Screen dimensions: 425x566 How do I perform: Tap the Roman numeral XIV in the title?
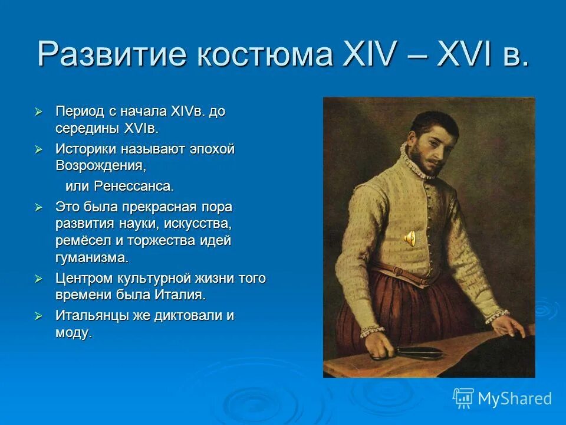(360, 55)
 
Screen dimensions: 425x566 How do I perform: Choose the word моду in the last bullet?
(73, 332)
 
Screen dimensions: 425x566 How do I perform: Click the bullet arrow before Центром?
(39, 278)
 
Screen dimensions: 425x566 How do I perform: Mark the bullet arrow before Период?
(39, 112)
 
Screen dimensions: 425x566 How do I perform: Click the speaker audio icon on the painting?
(410, 238)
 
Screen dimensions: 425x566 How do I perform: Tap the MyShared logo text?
(514, 398)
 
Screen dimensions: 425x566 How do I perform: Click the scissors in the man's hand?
(413, 353)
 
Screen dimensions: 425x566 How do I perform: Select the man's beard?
(427, 159)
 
